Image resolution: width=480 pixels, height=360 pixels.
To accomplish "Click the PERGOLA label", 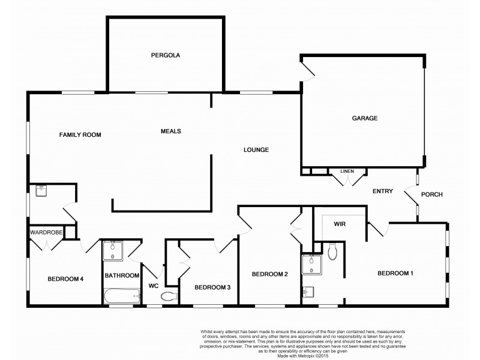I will (166, 55).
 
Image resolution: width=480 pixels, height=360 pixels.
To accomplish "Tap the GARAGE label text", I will (364, 118).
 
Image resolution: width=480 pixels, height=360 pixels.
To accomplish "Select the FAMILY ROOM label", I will (80, 135).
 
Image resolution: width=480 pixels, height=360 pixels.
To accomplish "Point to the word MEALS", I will (171, 131).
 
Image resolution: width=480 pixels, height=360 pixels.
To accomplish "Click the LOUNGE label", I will (256, 150).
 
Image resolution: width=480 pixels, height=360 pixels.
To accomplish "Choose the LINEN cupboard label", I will (347, 172).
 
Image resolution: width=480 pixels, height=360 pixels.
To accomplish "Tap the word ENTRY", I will (382, 191).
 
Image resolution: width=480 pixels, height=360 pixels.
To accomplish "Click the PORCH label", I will (432, 194).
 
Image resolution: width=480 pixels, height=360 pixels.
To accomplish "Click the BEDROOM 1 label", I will (395, 274).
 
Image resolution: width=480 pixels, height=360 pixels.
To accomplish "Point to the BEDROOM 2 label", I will (270, 274).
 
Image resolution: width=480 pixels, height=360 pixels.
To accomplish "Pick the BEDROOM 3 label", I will (212, 287).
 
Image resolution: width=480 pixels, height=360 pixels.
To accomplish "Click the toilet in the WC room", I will (171, 296).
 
